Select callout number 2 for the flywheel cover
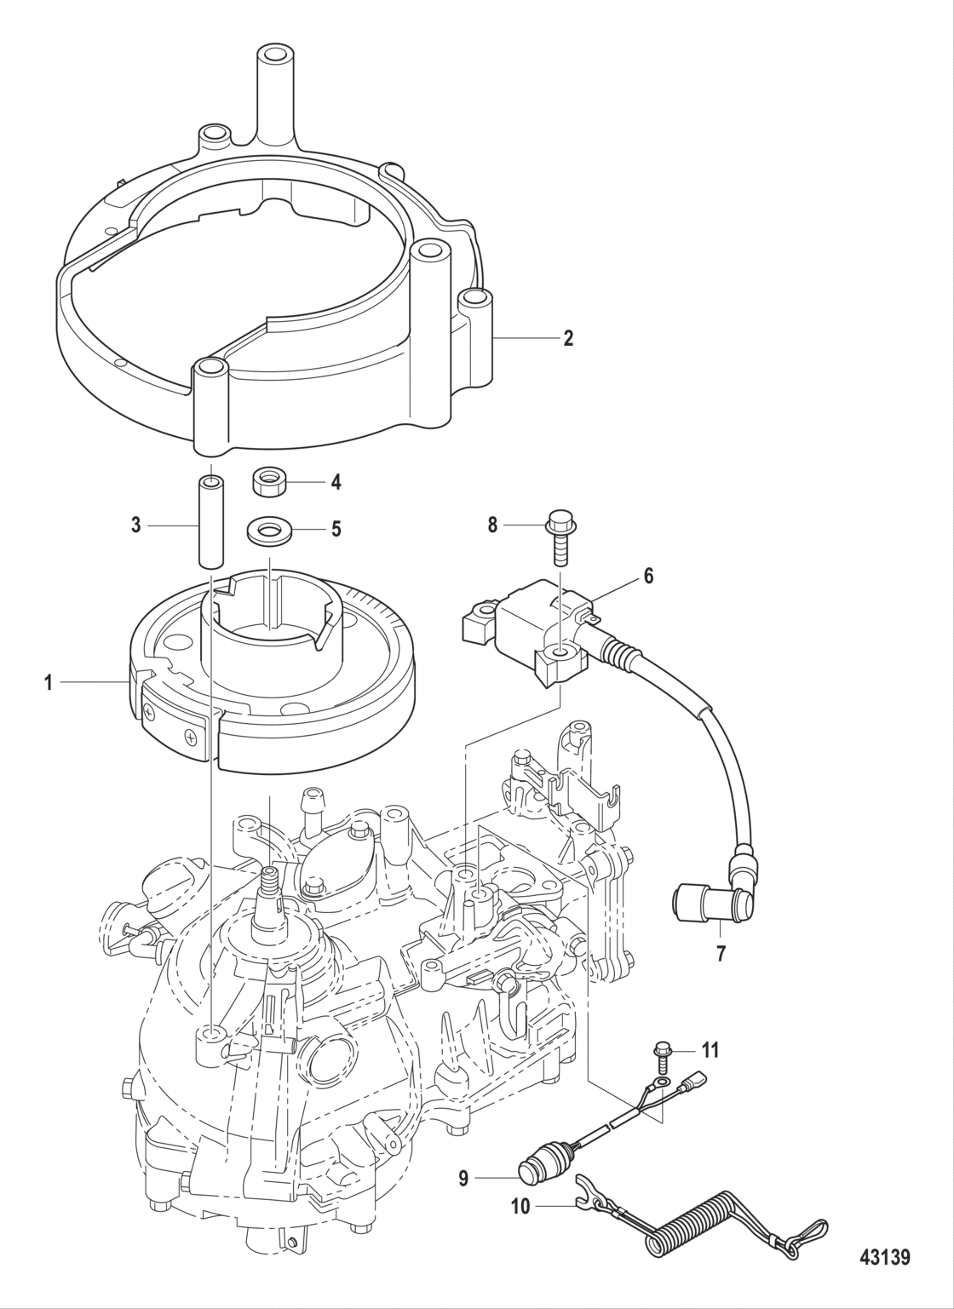click(x=567, y=338)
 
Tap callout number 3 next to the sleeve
click(x=136, y=525)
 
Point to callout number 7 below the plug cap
click(x=721, y=953)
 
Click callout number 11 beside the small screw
click(x=710, y=1050)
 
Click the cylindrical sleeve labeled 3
click(x=210, y=521)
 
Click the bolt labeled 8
click(x=560, y=535)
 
